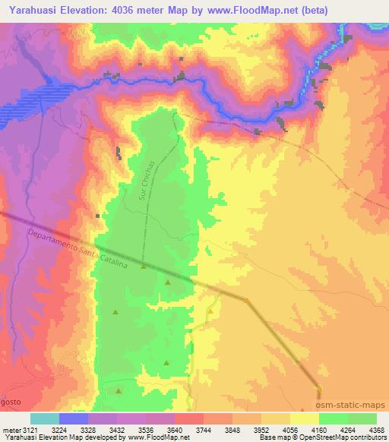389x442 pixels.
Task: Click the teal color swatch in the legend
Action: pos(45,418)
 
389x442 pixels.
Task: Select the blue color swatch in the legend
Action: pos(74,418)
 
